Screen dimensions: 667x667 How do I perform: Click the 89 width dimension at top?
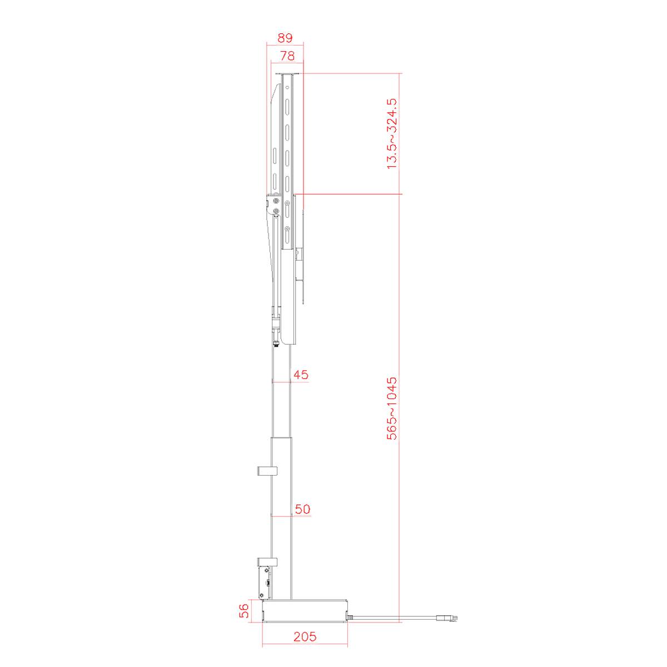tap(285, 38)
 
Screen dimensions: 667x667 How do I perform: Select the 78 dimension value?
tap(287, 56)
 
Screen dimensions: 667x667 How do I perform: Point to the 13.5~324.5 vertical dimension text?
tap(392, 134)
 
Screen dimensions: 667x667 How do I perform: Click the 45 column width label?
tap(301, 375)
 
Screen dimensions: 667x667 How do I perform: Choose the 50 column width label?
tap(302, 509)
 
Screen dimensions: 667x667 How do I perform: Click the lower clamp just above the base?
tap(266, 563)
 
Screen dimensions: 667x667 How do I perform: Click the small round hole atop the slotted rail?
tap(287, 87)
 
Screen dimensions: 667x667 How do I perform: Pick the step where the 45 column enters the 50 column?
tap(281, 437)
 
